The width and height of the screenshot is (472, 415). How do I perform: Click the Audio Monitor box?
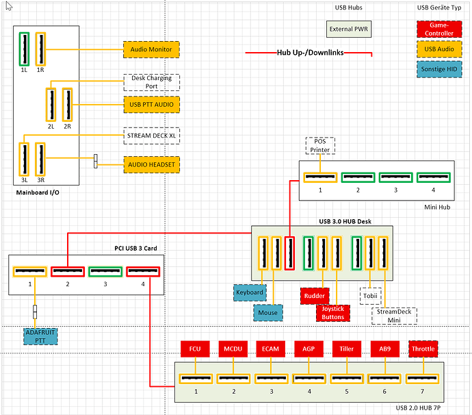151,49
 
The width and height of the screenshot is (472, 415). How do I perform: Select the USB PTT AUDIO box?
152,105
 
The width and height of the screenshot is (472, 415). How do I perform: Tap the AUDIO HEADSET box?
152,164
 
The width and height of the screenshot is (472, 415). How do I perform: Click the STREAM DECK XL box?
152,136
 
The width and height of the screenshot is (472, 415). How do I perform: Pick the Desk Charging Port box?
152,82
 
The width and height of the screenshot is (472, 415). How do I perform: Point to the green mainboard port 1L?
24,49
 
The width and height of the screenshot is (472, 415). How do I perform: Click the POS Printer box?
320,146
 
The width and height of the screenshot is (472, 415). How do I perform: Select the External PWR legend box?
349,29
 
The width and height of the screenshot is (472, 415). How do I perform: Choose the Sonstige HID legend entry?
439,69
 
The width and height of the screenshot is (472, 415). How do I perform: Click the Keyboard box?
250,292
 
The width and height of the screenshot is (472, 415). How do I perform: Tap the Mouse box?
268,312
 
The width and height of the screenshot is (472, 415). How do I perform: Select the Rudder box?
315,296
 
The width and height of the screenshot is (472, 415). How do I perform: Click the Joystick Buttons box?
333,313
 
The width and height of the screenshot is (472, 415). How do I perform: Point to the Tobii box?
371,296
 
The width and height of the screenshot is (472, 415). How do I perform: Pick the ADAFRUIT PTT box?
40,336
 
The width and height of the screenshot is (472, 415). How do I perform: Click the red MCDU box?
233,349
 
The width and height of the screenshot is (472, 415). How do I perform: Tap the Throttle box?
423,349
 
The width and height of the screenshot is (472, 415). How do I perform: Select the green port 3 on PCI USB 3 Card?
105,271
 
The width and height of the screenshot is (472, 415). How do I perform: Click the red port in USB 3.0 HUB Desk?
289,253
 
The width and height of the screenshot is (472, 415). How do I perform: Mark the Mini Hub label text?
437,207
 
